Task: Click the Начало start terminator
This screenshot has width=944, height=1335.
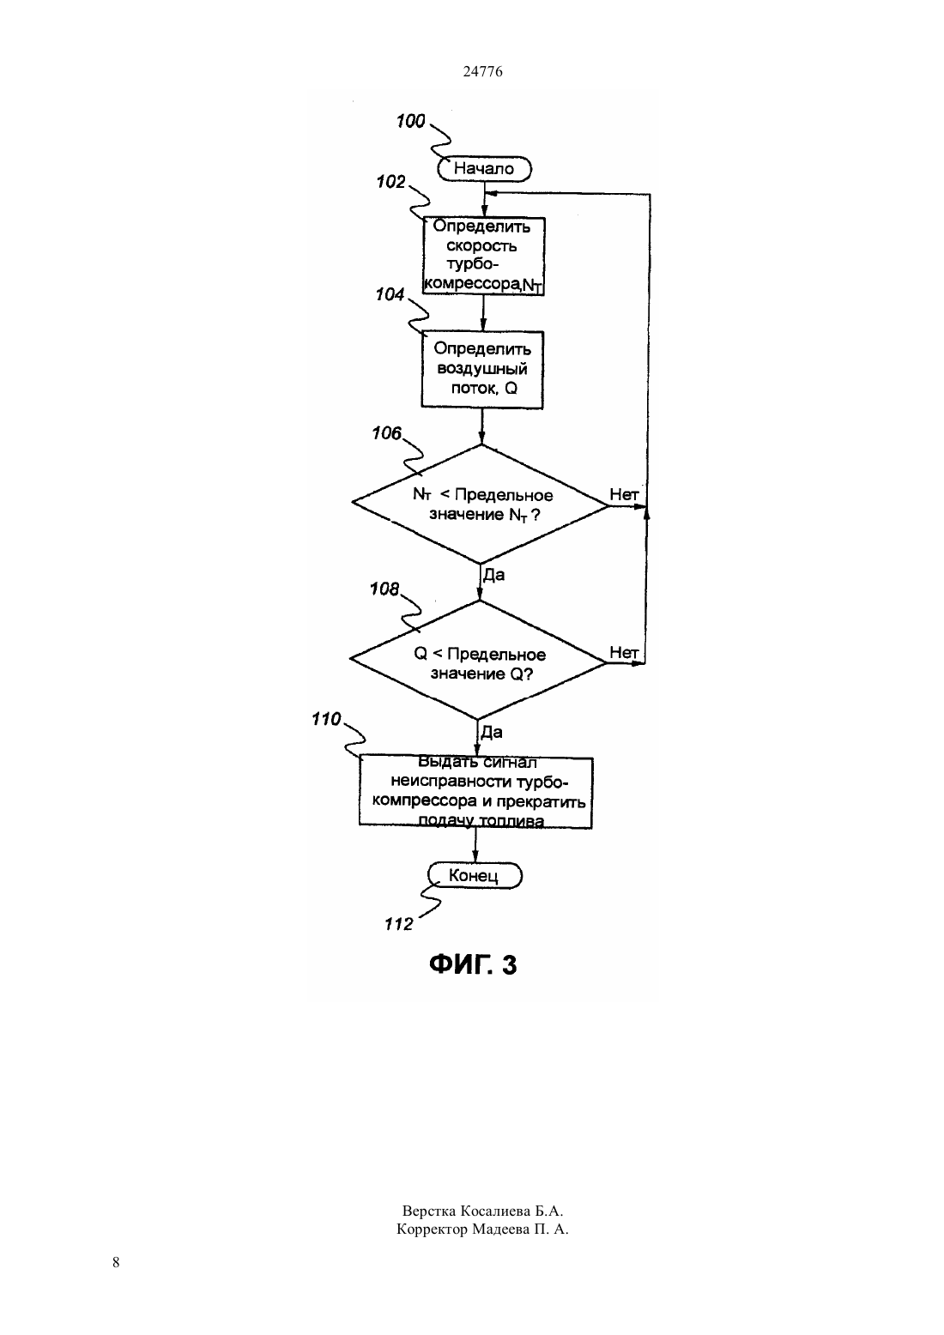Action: [x=484, y=169]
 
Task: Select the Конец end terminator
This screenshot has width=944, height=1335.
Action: [x=475, y=875]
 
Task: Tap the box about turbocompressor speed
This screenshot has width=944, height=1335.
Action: [x=483, y=256]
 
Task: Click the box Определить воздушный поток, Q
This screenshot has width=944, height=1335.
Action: [x=482, y=370]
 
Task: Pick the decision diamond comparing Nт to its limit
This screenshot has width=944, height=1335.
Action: [x=481, y=504]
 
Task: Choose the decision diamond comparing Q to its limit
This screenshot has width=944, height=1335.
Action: [x=479, y=660]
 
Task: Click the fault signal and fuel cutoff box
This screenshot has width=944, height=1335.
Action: [x=475, y=792]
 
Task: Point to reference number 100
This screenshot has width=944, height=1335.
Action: [x=410, y=121]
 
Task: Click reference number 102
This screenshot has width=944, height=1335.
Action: [x=391, y=182]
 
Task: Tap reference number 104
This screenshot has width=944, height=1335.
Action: [x=390, y=294]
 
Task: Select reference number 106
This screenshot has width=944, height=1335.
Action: [x=387, y=433]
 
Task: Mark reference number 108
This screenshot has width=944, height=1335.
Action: [x=384, y=589]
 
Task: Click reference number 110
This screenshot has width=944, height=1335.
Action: [x=326, y=719]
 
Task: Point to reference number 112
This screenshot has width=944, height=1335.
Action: [x=399, y=924]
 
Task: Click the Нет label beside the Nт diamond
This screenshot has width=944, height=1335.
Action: [x=624, y=494]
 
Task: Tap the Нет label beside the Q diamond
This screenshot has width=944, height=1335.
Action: [x=624, y=653]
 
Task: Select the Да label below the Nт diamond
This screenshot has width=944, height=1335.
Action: [x=493, y=575]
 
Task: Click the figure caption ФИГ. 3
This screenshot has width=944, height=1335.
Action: [x=473, y=965]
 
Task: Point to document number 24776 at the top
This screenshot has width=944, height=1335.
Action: [x=482, y=71]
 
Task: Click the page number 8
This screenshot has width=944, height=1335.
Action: [x=116, y=1262]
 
